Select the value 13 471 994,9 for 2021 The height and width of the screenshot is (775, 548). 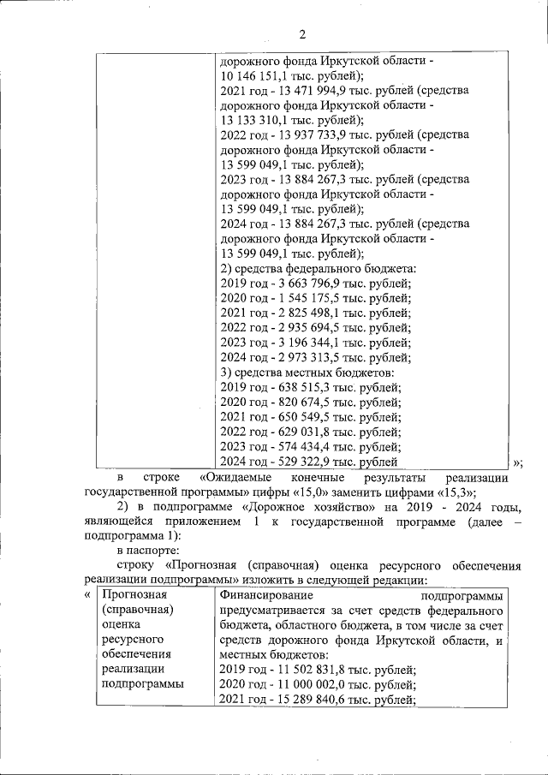tap(303, 91)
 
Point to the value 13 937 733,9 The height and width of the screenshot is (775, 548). tap(303, 135)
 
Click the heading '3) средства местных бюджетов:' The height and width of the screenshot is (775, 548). tap(307, 373)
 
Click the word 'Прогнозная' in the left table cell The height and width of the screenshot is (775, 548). tap(133, 594)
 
